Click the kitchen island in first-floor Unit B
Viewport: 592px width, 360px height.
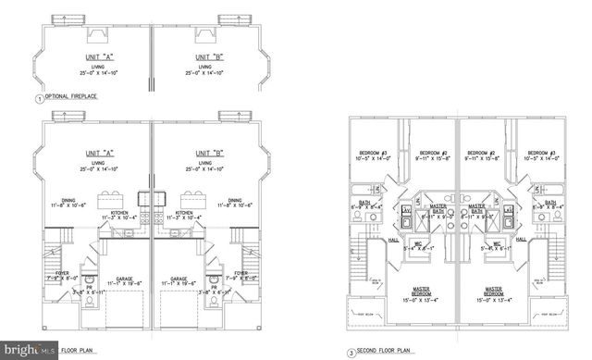click(x=193, y=199)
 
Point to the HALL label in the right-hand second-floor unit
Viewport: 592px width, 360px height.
click(x=521, y=240)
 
